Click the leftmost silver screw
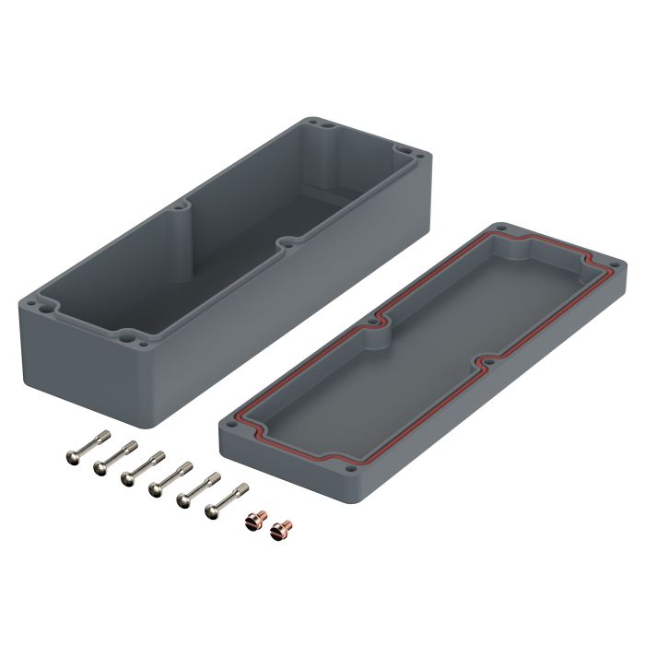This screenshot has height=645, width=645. (x=88, y=446)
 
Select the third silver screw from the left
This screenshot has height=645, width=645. (x=143, y=465)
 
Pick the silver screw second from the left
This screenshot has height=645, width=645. (x=115, y=456)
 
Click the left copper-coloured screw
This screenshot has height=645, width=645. (x=252, y=522)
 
